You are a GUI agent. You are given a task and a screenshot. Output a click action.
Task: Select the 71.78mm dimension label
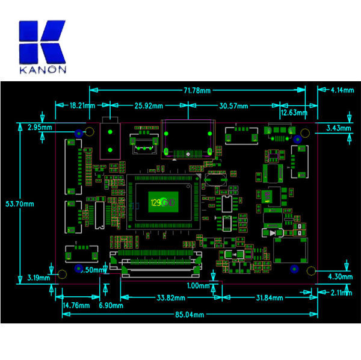[x=198, y=90]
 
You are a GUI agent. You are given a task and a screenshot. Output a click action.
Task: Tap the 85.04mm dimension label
[x=190, y=315]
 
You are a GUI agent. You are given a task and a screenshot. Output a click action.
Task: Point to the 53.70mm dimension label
[x=20, y=204]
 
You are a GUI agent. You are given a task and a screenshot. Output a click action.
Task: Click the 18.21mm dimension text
[x=82, y=105]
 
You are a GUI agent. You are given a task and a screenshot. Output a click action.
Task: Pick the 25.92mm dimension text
[x=149, y=106]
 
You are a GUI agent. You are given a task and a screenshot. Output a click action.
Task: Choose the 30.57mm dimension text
[x=233, y=106]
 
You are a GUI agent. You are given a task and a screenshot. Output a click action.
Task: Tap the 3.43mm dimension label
[x=338, y=128]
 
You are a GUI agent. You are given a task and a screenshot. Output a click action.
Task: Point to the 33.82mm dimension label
[x=171, y=297]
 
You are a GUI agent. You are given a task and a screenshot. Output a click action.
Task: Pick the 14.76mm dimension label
[x=76, y=305]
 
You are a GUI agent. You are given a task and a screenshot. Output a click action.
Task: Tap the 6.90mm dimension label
[x=111, y=305]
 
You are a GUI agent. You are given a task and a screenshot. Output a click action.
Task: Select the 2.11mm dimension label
[x=341, y=293]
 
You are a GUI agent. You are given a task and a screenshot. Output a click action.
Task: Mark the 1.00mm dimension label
[x=199, y=285]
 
